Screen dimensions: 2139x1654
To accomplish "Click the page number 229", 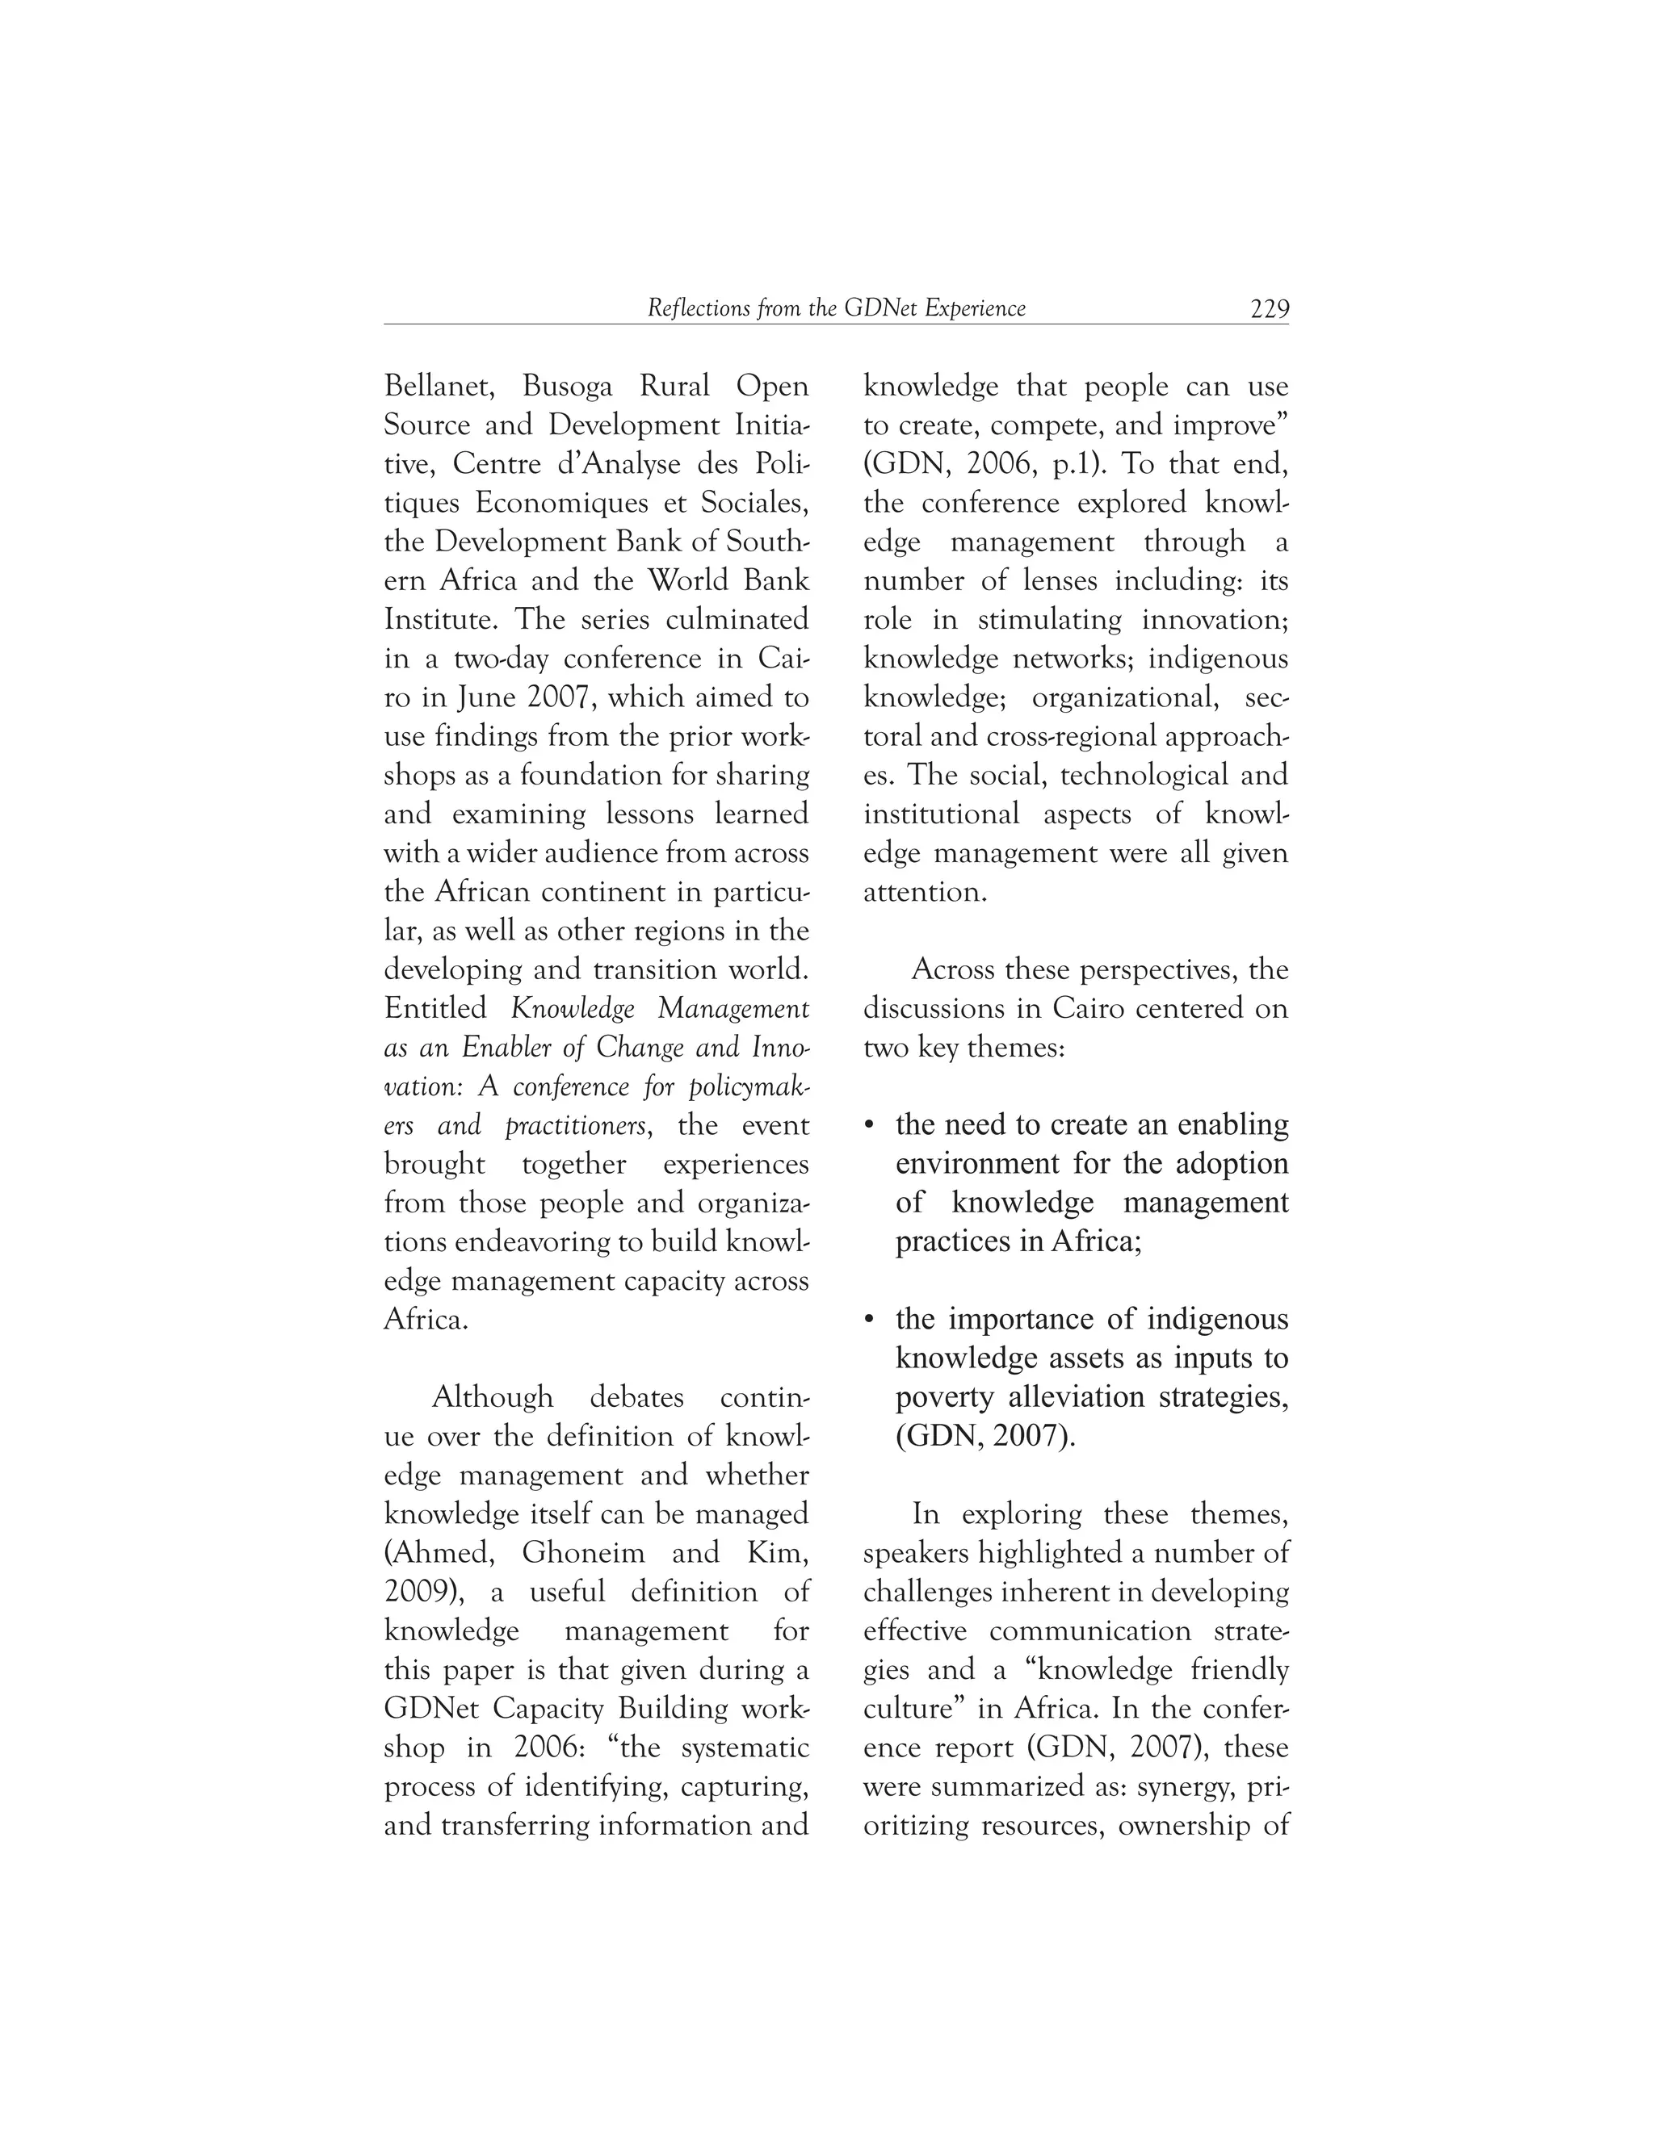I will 1269,309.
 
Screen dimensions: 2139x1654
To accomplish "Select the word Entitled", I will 435,1008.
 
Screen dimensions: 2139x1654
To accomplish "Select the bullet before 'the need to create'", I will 869,1125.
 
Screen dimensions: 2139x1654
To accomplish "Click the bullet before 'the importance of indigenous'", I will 869,1321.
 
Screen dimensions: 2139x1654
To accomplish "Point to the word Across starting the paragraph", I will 955,969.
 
